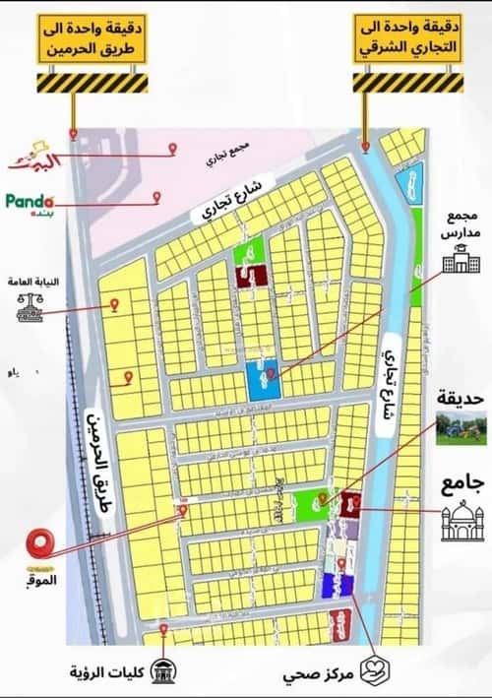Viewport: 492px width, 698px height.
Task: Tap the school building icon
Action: (456, 261)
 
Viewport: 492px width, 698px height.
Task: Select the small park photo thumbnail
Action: (461, 428)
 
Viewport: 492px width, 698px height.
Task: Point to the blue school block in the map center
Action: (262, 379)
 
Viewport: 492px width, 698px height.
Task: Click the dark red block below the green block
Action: (252, 277)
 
